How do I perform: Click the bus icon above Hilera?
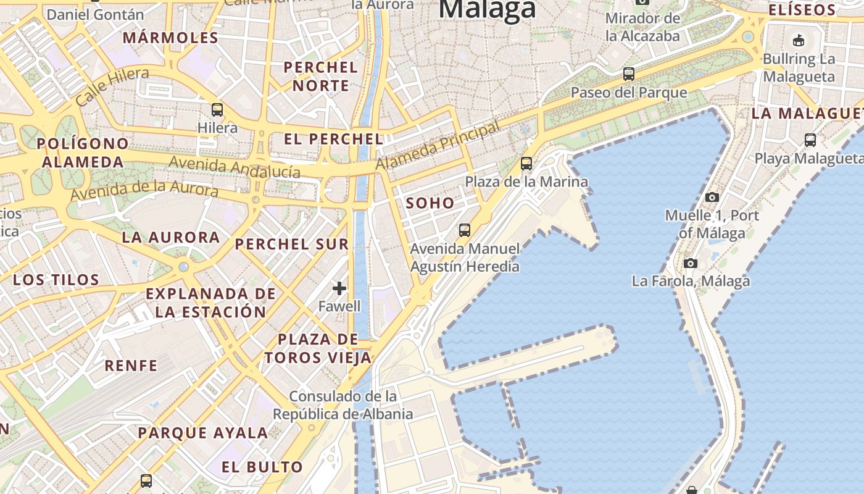click(x=217, y=110)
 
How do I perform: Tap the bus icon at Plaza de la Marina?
click(x=526, y=164)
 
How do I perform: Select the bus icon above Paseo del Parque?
click(x=629, y=74)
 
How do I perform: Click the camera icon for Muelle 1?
click(x=712, y=198)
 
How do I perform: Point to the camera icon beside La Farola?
click(x=691, y=264)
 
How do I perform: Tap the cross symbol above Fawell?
click(x=339, y=288)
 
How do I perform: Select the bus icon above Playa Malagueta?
click(x=810, y=140)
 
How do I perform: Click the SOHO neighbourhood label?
click(x=430, y=203)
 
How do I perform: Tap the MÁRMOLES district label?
click(x=171, y=38)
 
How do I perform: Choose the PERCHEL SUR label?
click(x=292, y=244)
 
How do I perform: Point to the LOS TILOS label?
click(x=56, y=280)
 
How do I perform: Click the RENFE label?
click(x=131, y=366)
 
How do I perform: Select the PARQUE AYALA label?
click(x=203, y=433)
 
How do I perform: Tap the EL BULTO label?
click(x=262, y=467)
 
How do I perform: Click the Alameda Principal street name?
click(x=438, y=146)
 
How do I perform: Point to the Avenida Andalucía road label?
click(x=235, y=167)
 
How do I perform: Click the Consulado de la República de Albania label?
click(x=343, y=404)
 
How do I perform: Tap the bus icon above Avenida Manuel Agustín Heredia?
click(x=465, y=230)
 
